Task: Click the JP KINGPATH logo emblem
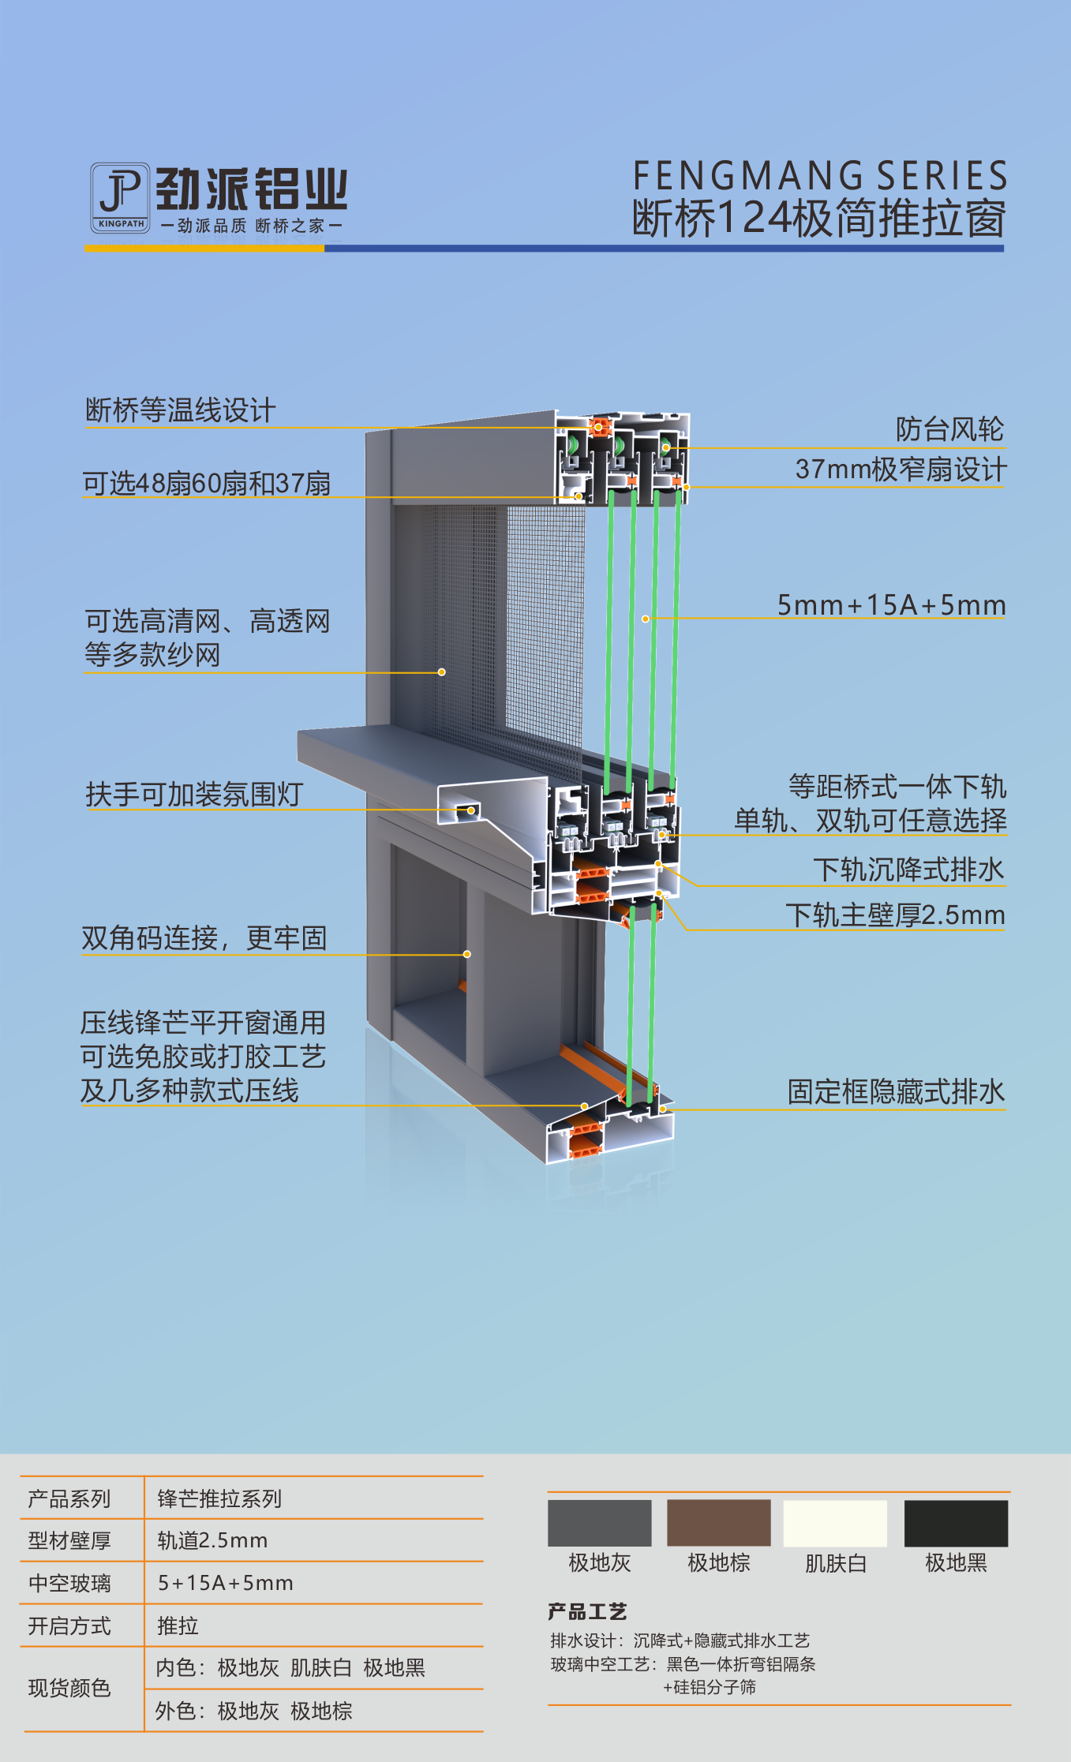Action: pos(120,197)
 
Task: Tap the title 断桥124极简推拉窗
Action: pos(819,219)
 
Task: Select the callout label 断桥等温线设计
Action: pos(180,410)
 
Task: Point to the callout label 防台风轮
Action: pos(949,429)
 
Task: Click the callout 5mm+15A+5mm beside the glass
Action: pos(891,605)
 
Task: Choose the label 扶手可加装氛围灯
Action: pos(194,794)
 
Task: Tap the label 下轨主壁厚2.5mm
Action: pos(895,915)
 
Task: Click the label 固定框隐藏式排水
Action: pos(896,1092)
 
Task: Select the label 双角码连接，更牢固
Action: pos(204,938)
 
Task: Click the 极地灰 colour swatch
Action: pos(599,1523)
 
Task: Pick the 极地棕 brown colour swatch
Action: pos(718,1523)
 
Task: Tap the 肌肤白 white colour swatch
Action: pos(835,1523)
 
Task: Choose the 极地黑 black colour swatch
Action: pos(956,1523)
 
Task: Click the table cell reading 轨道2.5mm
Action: pos(212,1540)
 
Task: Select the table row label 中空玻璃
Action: pos(69,1583)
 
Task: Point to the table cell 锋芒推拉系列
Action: pos(219,1498)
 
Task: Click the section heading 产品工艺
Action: pos(587,1611)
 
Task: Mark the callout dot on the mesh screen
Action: pos(442,672)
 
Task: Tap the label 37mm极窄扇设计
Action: pos(901,469)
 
